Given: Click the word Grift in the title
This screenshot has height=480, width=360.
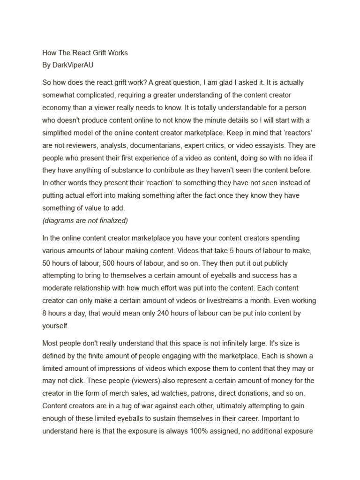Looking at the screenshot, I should click(95, 53).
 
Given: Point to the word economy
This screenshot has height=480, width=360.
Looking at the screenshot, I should click(58, 107).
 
